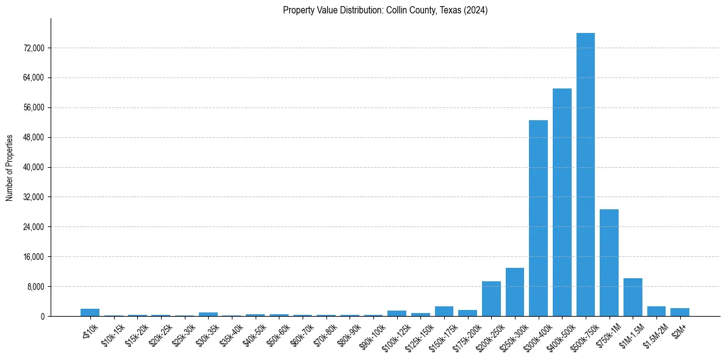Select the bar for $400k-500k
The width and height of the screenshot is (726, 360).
[x=562, y=202]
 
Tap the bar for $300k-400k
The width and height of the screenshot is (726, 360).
[x=538, y=218]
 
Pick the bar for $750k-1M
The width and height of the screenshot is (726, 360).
[x=609, y=262]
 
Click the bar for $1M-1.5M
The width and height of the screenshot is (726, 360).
[x=633, y=297]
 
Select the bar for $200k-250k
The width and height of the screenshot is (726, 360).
[x=491, y=298]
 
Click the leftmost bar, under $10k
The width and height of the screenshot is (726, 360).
[x=90, y=312]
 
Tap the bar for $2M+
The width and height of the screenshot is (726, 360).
[x=680, y=312]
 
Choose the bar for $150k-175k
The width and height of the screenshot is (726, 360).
[x=444, y=311]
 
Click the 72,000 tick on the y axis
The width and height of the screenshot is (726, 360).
[x=34, y=48]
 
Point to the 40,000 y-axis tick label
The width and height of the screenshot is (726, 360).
[x=34, y=167]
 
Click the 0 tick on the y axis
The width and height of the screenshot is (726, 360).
[x=43, y=316]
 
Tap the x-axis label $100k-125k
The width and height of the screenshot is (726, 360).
[x=395, y=333]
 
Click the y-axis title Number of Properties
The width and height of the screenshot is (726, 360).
[x=9, y=167]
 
